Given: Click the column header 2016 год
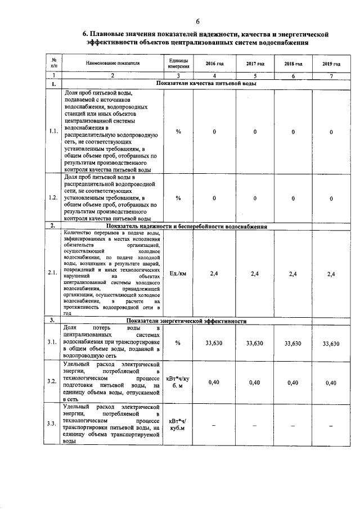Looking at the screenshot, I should point(214,64).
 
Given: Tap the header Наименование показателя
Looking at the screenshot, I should point(112,64).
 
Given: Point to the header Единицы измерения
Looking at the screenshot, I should point(178,64).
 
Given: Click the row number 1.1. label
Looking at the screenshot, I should point(53,132).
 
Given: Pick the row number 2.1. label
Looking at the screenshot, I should point(53,273).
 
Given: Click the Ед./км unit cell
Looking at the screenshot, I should point(178,273).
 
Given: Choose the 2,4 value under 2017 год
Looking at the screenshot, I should point(254,273).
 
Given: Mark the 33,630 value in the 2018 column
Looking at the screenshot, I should point(292,343).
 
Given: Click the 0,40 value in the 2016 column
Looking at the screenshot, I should point(214,382).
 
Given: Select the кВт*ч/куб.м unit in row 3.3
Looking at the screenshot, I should point(178,425).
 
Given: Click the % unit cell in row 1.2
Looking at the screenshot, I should point(178,198).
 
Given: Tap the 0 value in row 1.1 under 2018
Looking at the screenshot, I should point(293,132).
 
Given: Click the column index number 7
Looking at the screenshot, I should point(331,75).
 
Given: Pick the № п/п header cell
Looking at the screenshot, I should point(53,64).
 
